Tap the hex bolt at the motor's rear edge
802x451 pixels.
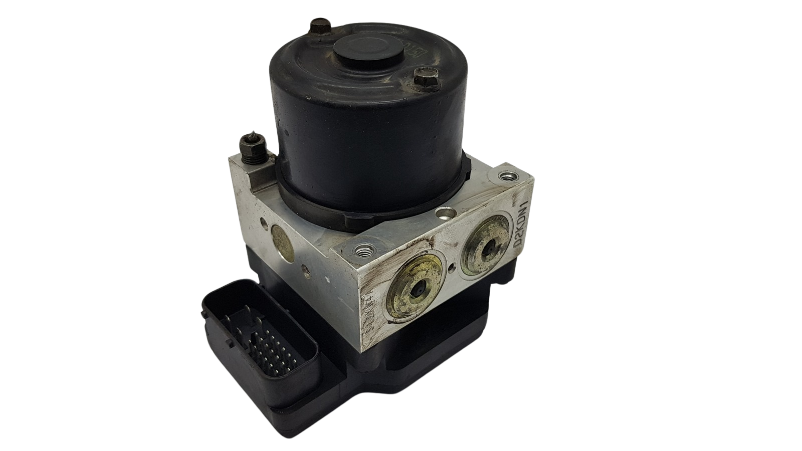tap(318, 26)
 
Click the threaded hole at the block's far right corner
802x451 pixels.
tap(509, 176)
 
